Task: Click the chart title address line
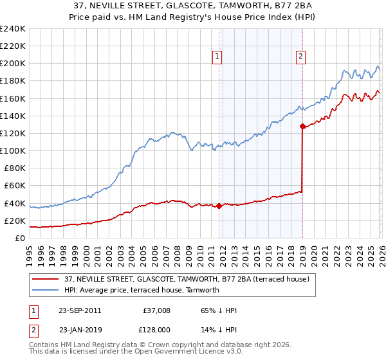point(193,6)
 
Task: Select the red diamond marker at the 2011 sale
point(219,206)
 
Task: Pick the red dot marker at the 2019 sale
point(302,127)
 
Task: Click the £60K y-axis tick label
point(14,186)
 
